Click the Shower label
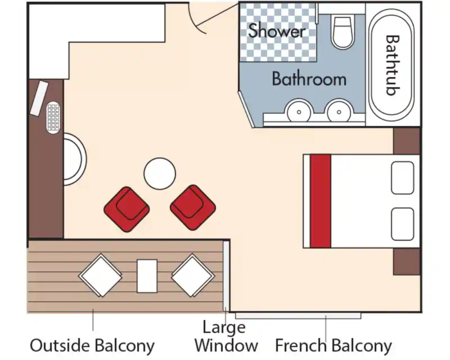[277, 30]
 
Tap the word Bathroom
[309, 79]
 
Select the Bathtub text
[392, 65]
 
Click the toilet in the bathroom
[343, 32]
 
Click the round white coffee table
[160, 173]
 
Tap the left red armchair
[127, 209]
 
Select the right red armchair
[193, 208]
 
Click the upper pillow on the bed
[402, 178]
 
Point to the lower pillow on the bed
[402, 224]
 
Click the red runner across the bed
[321, 201]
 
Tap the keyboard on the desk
[53, 118]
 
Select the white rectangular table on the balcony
[147, 276]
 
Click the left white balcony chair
[100, 275]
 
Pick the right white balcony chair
[193, 275]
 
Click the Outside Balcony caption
[92, 345]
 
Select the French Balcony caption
[334, 345]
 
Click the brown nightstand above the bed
[406, 141]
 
